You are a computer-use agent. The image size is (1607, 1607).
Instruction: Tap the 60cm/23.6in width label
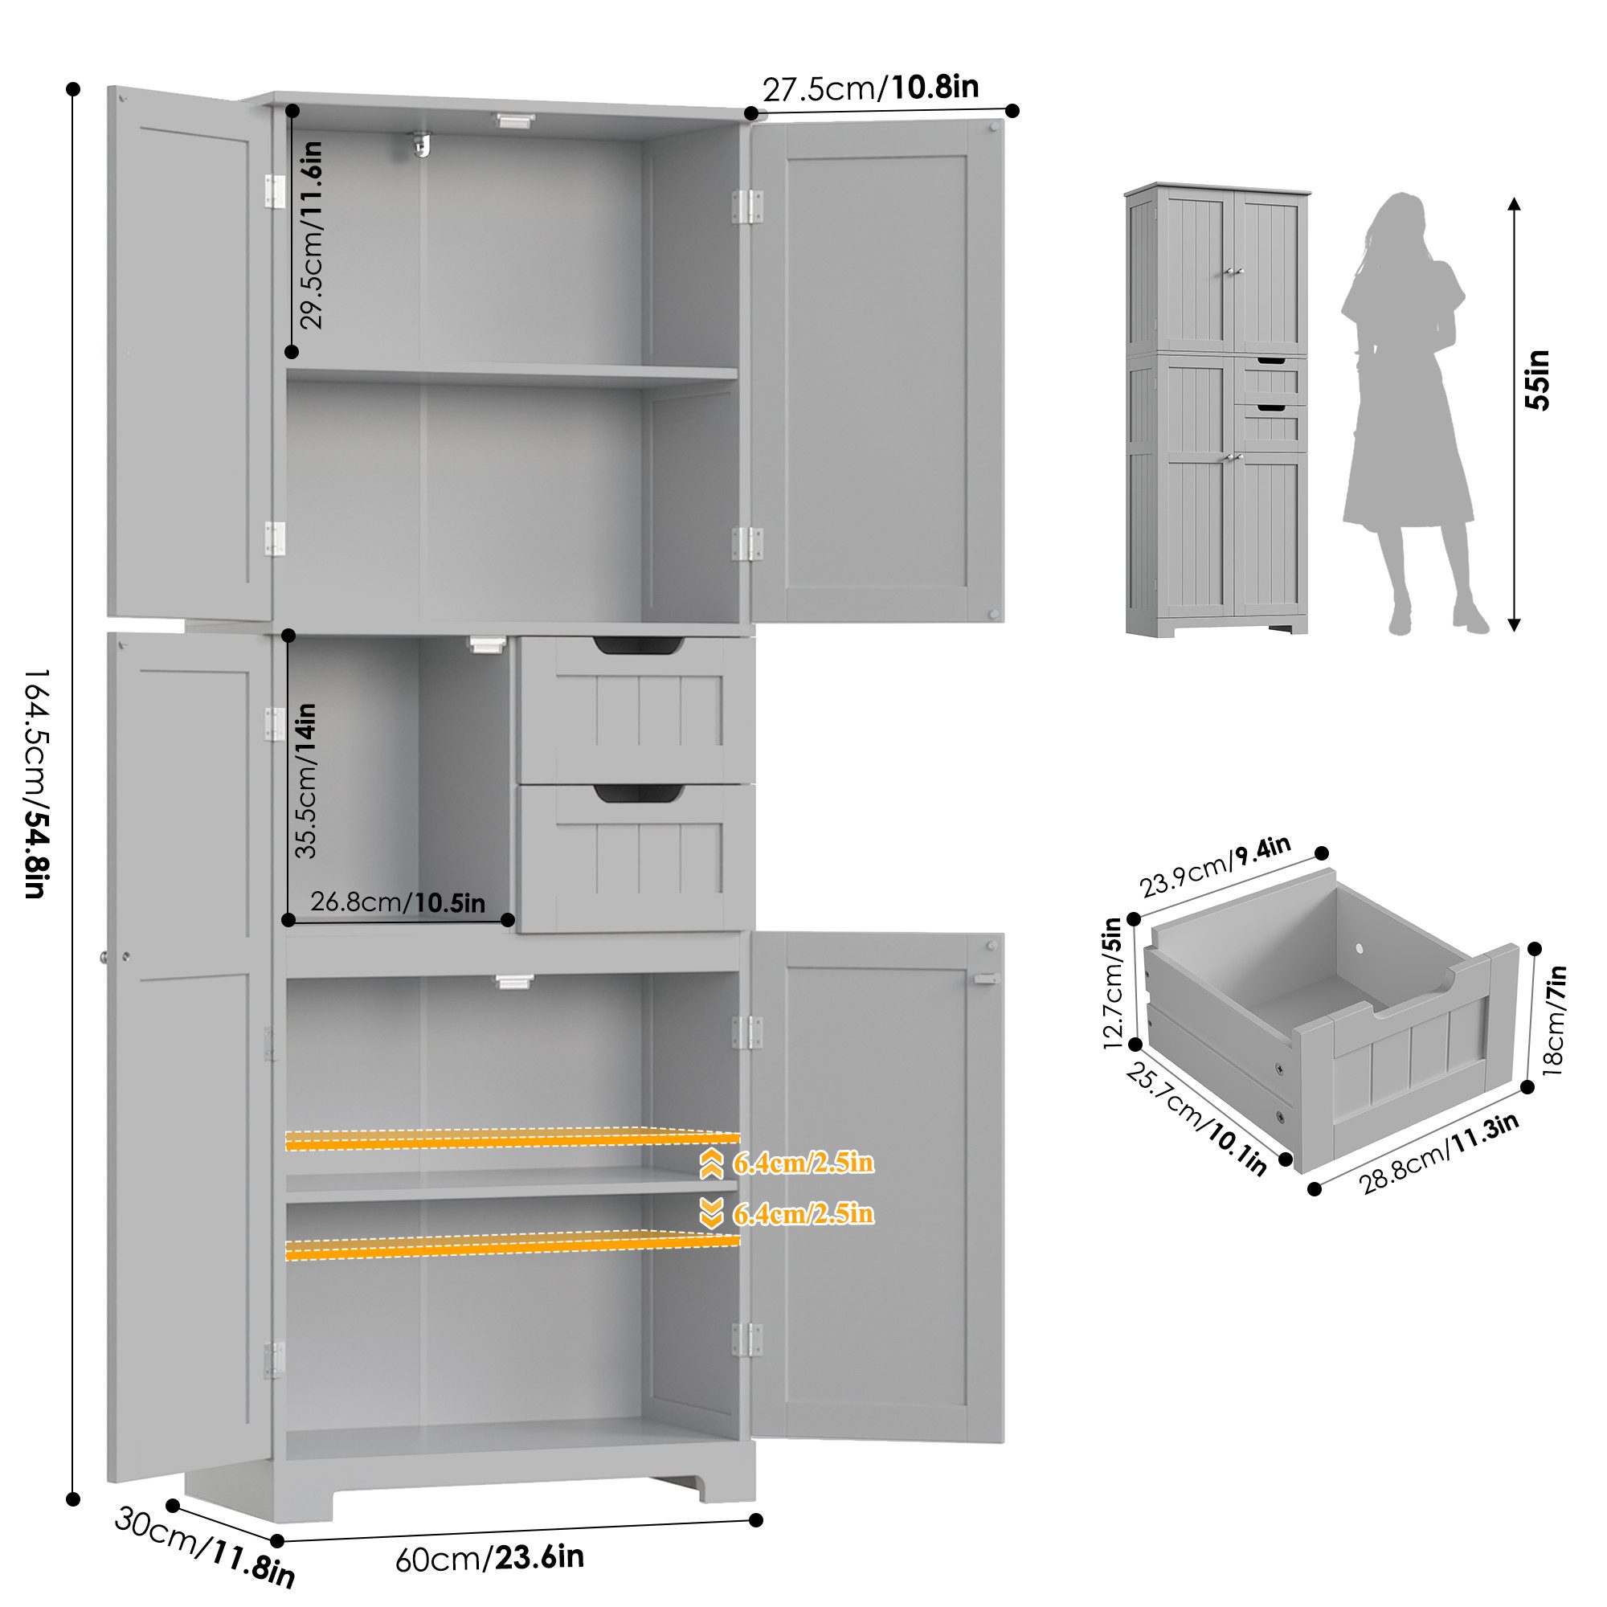click(x=489, y=1557)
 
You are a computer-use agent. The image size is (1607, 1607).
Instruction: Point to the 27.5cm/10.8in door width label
click(x=871, y=88)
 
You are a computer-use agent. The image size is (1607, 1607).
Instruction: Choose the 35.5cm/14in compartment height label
click(x=305, y=780)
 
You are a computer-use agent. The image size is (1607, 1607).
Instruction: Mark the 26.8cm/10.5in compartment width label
click(x=398, y=902)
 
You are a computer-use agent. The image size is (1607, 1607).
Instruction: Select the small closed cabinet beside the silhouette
click(x=1216, y=410)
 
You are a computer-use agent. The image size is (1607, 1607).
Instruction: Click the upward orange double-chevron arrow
click(x=711, y=1165)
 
